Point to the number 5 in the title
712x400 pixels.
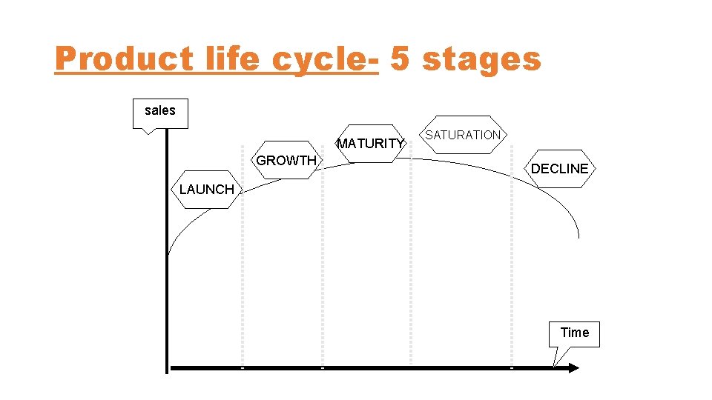click(400, 59)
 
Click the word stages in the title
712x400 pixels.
click(481, 59)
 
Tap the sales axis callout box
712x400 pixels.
click(160, 112)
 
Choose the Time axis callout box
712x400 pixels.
click(575, 333)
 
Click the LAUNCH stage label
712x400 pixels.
click(207, 190)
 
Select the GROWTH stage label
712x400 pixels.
click(286, 161)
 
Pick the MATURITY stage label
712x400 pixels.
click(371, 144)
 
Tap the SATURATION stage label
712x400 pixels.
click(463, 135)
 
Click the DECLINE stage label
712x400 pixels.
click(560, 169)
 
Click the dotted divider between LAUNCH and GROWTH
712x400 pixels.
click(242, 281)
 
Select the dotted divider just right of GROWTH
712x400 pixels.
click(322, 281)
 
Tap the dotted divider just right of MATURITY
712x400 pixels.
click(411, 281)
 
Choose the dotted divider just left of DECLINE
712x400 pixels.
click(512, 281)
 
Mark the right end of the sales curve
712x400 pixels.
click(578, 237)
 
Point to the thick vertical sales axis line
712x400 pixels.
click(167, 311)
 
